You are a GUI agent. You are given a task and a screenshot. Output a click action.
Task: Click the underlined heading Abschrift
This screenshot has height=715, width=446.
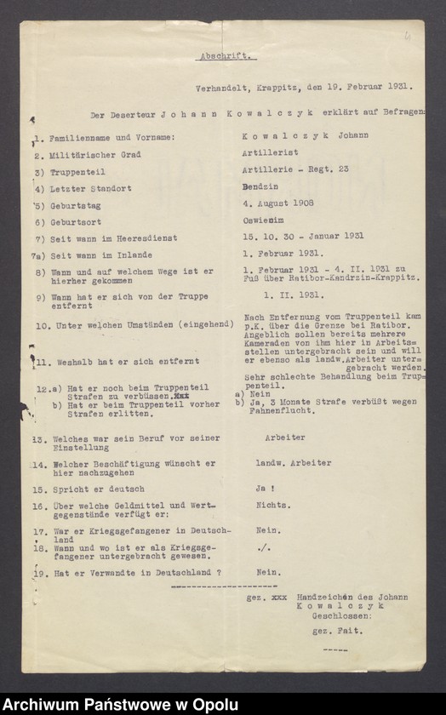coord(226,57)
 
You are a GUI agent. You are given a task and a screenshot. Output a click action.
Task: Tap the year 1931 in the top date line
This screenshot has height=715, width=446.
coord(396,86)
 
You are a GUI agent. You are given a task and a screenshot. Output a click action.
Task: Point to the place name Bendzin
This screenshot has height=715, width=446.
coord(260,186)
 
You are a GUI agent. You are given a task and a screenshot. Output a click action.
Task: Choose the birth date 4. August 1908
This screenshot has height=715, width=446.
coord(278,203)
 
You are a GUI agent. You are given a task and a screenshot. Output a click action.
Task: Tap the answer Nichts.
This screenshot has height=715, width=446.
coord(270,505)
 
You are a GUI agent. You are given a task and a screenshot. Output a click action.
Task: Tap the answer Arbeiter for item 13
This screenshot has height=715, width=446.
coord(280,438)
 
